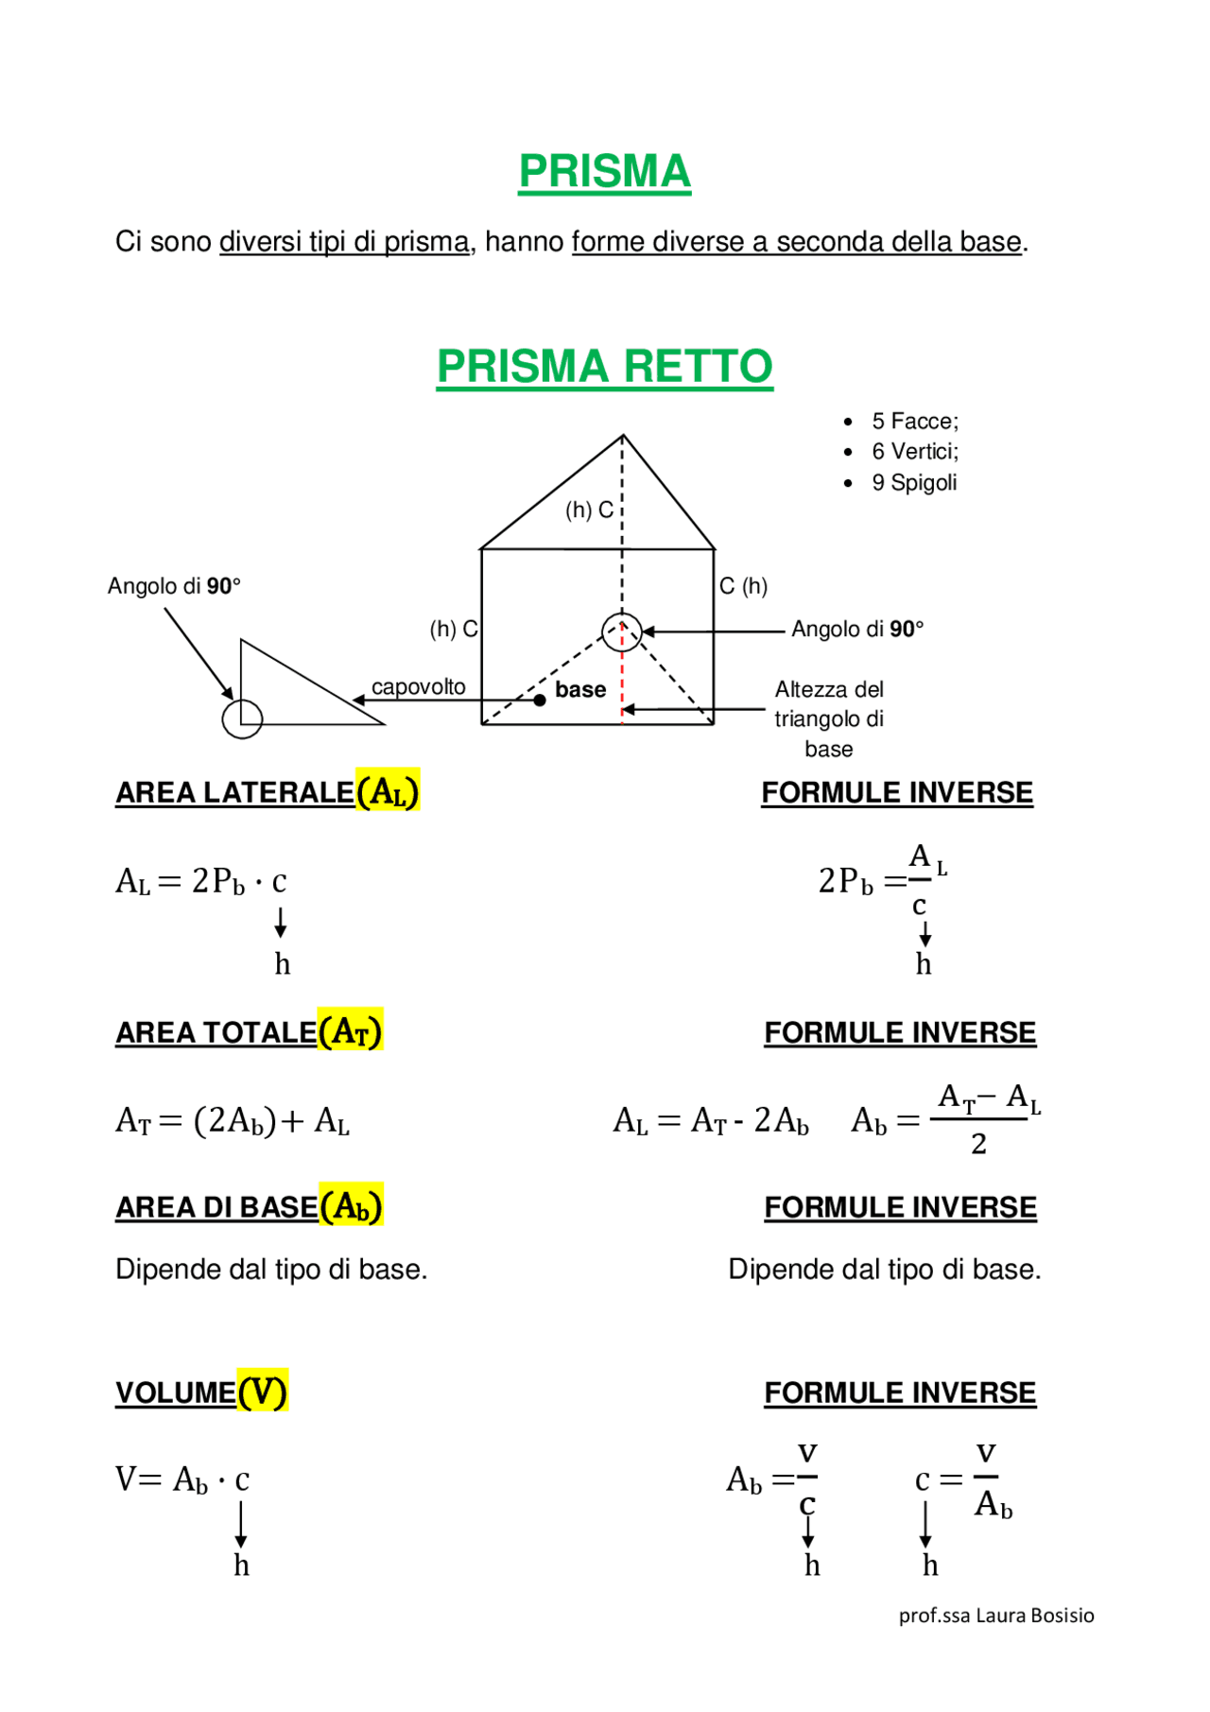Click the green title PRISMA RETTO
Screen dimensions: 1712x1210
[604, 367]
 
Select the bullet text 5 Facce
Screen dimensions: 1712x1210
[914, 422]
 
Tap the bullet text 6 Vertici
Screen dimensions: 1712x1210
[914, 452]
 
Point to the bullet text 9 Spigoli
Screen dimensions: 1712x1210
[913, 483]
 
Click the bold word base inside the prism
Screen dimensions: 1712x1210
[580, 690]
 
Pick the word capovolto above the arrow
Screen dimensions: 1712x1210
[418, 687]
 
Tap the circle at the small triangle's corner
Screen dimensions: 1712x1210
[242, 719]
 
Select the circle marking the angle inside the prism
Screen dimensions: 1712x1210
[622, 631]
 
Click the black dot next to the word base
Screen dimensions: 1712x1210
[540, 700]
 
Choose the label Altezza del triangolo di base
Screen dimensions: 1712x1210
[829, 718]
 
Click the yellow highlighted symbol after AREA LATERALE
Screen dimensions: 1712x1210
[388, 791]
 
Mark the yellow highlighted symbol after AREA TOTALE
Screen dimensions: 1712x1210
[350, 1030]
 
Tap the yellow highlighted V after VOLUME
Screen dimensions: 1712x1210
[262, 1392]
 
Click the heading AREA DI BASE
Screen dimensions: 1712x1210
[216, 1208]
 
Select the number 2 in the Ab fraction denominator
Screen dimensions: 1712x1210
[978, 1145]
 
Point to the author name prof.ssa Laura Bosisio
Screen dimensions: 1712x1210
[996, 1616]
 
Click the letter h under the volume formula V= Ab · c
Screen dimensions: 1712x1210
[242, 1565]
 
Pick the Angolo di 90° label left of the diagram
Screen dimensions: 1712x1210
[174, 587]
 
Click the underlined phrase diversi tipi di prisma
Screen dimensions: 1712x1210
[344, 243]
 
